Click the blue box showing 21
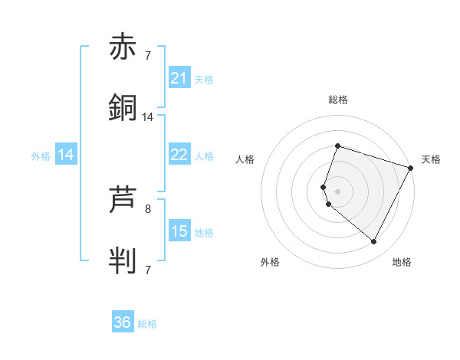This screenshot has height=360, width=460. (x=179, y=78)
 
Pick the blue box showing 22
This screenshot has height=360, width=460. (x=179, y=155)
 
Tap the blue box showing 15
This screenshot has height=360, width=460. (x=179, y=231)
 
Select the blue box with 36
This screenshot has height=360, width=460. (x=123, y=322)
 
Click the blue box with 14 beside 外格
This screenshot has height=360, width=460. (x=66, y=155)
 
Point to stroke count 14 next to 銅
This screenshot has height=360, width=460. (x=148, y=117)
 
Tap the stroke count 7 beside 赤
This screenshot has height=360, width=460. (x=148, y=56)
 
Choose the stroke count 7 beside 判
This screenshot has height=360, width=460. (x=148, y=270)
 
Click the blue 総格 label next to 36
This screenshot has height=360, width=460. (x=147, y=324)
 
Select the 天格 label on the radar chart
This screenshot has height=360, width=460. (x=431, y=159)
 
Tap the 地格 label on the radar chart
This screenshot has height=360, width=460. (x=402, y=262)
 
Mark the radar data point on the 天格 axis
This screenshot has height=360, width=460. (x=412, y=167)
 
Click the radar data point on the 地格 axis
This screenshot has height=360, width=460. (x=373, y=242)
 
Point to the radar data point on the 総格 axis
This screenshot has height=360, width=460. (x=337, y=146)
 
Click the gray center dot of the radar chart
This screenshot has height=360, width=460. (x=337, y=191)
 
